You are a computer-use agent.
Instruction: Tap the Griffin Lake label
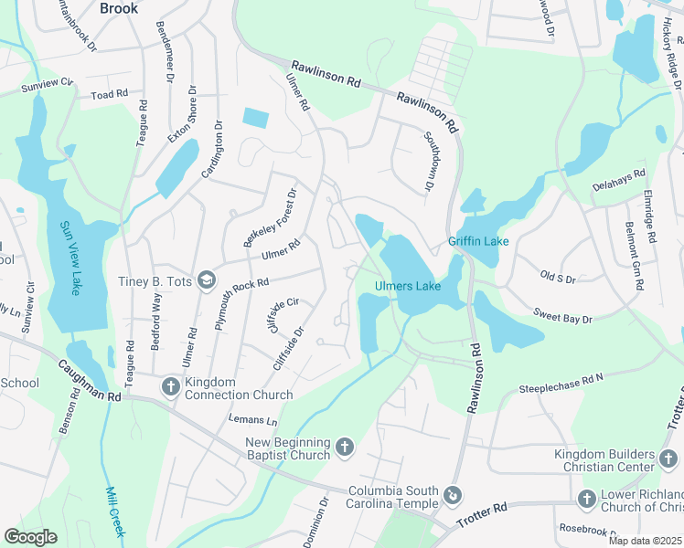click(x=477, y=242)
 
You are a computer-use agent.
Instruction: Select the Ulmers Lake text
click(x=408, y=287)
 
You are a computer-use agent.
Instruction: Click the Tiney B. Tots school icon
click(x=207, y=280)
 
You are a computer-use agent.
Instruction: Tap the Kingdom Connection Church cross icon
click(x=170, y=387)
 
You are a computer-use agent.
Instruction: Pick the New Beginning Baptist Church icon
click(x=344, y=447)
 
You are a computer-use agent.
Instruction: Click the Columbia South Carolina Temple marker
click(x=453, y=496)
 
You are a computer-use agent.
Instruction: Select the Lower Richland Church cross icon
click(x=587, y=499)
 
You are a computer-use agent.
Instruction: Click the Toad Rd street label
click(x=109, y=94)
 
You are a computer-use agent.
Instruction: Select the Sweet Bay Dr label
click(x=562, y=319)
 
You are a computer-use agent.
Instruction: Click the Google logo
click(x=31, y=537)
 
